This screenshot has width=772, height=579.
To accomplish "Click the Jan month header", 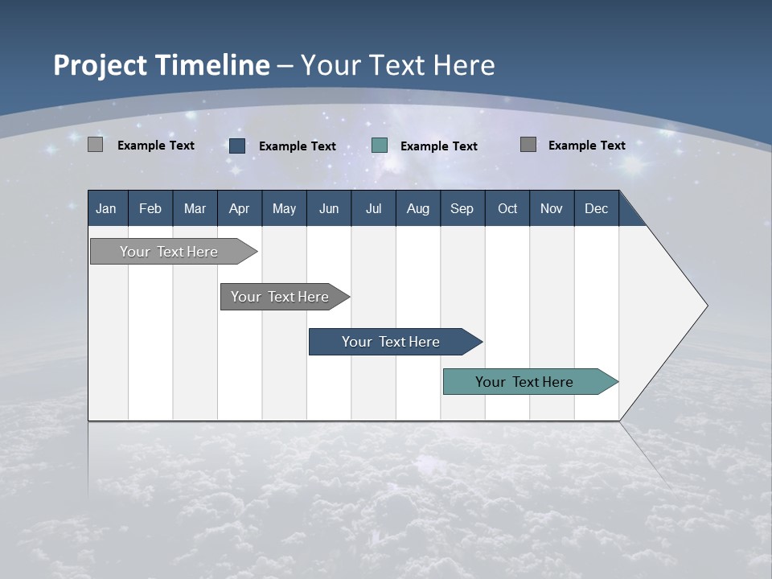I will click(106, 208).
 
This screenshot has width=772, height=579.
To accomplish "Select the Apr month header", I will click(239, 208).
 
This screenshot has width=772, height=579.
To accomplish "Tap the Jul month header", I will click(373, 208).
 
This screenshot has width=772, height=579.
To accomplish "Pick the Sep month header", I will click(462, 208).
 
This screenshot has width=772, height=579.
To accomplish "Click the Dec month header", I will click(596, 208).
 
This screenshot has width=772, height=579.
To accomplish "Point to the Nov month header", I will click(551, 208).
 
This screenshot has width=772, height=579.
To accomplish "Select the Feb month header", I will click(150, 208).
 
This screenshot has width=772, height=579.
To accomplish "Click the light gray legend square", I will click(96, 145).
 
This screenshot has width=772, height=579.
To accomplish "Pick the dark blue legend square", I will click(237, 146).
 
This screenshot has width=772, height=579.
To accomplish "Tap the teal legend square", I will click(380, 146).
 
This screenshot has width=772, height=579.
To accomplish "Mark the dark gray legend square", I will click(528, 145).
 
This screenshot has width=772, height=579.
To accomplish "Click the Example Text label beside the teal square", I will click(438, 146).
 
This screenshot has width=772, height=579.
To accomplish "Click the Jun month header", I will click(328, 208).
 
